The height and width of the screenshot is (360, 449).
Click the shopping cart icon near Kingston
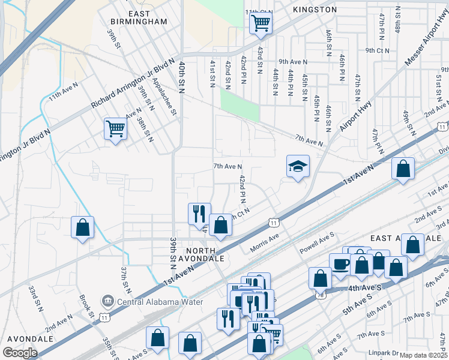[261, 23]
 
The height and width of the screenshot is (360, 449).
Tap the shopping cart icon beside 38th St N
[115, 128]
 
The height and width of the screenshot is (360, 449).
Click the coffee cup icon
[341, 264]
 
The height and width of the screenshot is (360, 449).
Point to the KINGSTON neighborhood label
[315, 10]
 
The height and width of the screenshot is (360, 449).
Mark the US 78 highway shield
[318, 295]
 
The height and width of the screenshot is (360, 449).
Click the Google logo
[20, 353]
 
